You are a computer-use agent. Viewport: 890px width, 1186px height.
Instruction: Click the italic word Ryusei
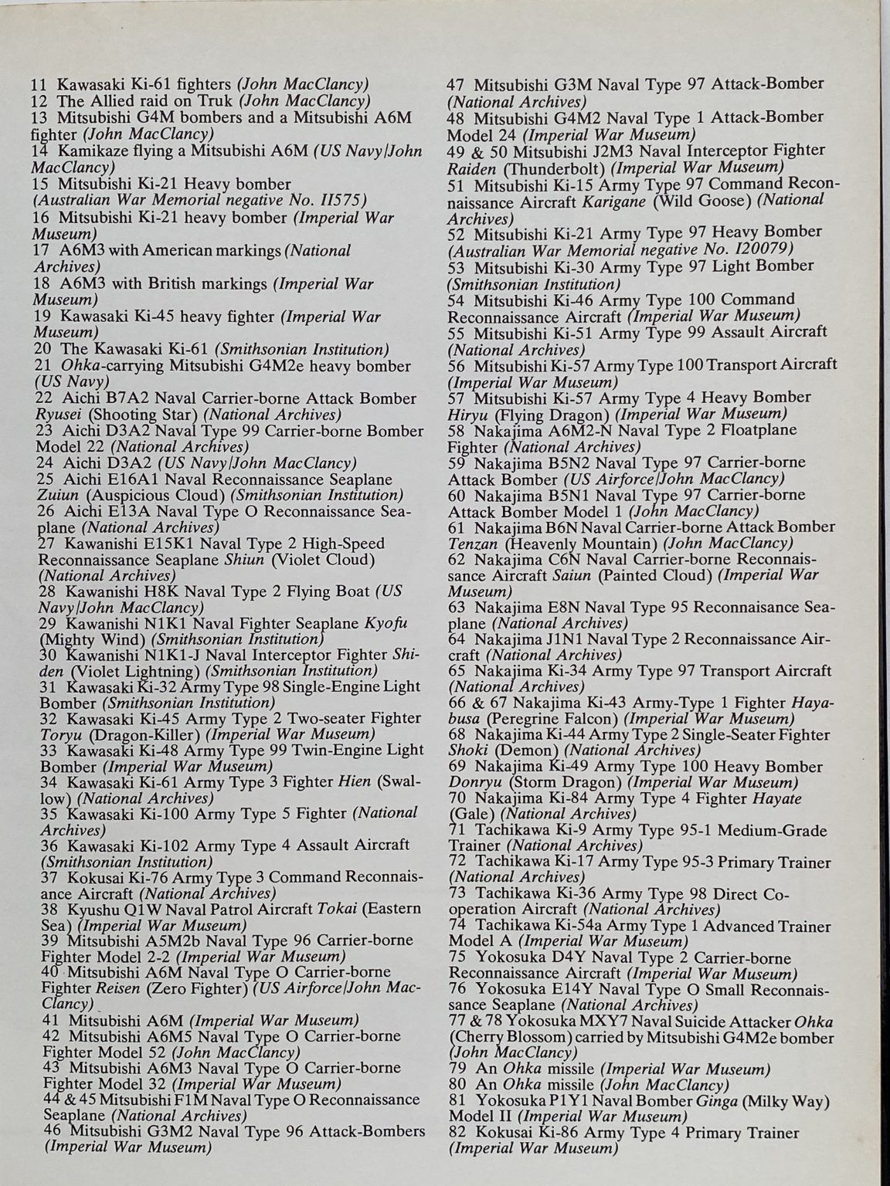(59, 415)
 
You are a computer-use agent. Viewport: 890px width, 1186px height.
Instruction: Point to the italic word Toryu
(61, 734)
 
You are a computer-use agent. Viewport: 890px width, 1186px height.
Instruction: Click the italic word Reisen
(117, 988)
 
